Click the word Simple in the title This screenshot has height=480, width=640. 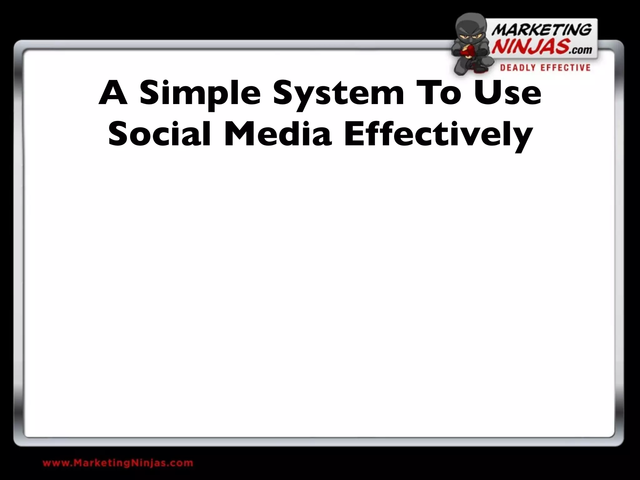(200, 94)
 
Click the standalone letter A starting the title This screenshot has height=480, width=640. (113, 93)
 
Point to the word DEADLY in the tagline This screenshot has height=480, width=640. (518, 68)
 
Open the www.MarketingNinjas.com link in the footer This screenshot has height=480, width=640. (118, 463)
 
